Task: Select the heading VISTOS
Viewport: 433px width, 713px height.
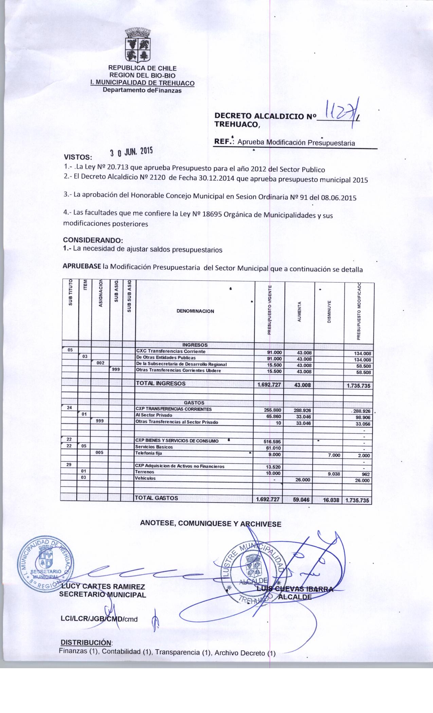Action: pos(78,158)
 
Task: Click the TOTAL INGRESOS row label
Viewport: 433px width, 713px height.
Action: pos(161,384)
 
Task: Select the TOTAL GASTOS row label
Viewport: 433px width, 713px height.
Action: pos(157,498)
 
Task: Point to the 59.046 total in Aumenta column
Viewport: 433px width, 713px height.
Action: pos(300,500)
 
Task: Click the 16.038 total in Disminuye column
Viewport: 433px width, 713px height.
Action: pos(329,500)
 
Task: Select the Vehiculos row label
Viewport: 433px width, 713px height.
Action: pos(145,478)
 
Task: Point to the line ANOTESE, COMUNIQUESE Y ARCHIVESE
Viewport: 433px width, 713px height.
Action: pos(211,524)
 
